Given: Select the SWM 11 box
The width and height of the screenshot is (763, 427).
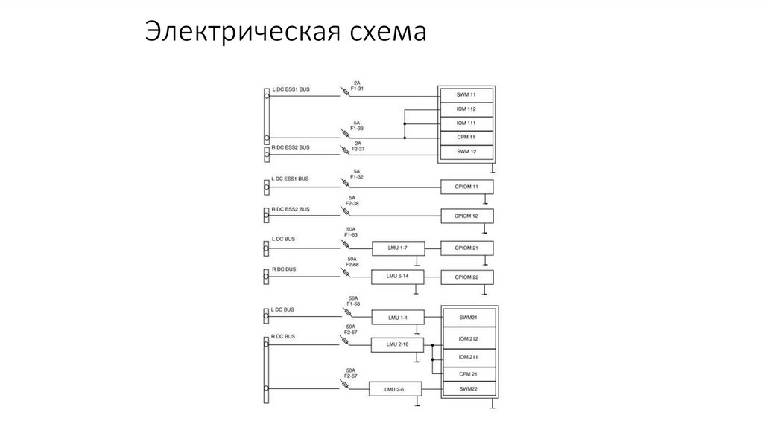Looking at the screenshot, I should (x=466, y=95).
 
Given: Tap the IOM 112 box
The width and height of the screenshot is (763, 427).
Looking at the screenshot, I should (x=466, y=109).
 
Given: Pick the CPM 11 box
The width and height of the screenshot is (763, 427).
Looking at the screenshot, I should (x=466, y=138).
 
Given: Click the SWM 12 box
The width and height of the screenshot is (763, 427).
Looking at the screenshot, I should (x=466, y=152).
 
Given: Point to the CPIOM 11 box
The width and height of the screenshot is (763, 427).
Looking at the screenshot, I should (x=466, y=187).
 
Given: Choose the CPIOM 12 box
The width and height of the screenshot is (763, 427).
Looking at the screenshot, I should (x=466, y=216).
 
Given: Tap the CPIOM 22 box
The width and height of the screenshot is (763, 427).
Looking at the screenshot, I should (x=466, y=277).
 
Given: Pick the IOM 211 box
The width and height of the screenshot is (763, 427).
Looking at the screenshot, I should (x=468, y=358).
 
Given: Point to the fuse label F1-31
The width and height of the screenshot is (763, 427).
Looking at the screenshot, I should (x=357, y=89).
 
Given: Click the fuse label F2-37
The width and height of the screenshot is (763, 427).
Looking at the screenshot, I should (x=357, y=148).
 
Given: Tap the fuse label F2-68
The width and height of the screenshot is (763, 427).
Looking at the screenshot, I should (x=352, y=265).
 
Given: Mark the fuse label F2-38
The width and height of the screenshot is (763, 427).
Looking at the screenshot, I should (x=352, y=203).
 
